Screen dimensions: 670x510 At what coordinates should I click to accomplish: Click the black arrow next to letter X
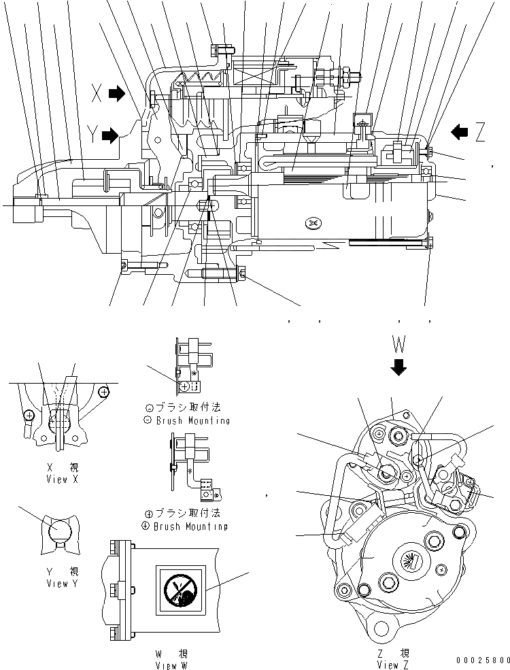[x=117, y=94]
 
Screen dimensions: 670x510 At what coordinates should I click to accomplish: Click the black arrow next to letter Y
[x=109, y=136]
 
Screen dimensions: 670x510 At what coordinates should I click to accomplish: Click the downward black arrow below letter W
[x=399, y=367]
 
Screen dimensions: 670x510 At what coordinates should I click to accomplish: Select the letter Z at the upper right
[x=481, y=133]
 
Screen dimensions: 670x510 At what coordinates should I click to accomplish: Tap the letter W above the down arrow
[x=399, y=341]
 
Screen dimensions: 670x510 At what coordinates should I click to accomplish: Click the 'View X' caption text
[x=58, y=480]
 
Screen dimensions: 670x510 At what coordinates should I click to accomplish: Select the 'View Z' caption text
[x=394, y=664]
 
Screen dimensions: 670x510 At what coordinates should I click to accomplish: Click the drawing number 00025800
[x=483, y=660]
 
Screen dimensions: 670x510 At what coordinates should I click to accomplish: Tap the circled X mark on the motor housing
[x=312, y=222]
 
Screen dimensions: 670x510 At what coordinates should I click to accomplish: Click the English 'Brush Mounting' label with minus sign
[x=189, y=420]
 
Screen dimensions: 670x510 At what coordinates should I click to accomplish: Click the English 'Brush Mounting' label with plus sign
[x=189, y=526]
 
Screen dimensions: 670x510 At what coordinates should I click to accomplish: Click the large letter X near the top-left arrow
[x=98, y=95]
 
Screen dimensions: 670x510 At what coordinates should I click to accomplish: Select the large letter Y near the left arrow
[x=92, y=136]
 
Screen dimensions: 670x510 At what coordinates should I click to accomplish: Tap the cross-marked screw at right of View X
[x=103, y=392]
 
